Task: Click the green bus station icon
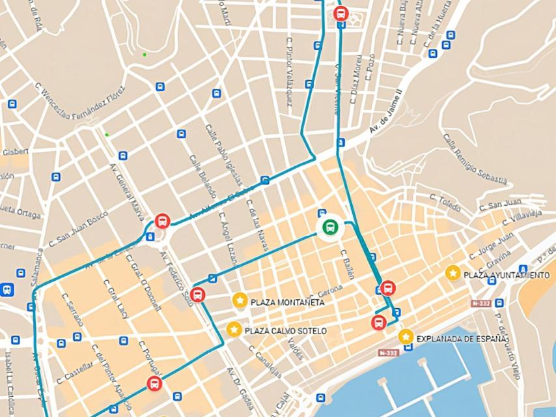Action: [x=330, y=227]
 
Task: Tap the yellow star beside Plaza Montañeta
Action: [x=240, y=300]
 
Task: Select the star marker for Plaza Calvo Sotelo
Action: [x=234, y=330]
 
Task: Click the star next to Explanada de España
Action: [x=406, y=337]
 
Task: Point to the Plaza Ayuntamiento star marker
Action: [x=453, y=274]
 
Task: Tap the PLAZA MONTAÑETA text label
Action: [x=287, y=302]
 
